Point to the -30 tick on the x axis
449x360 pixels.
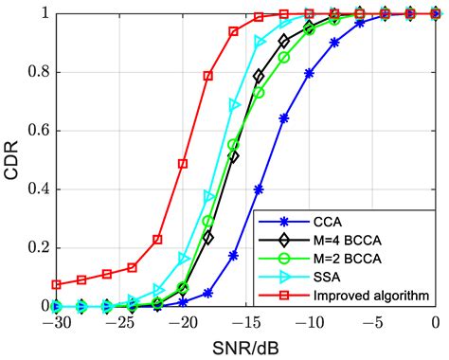(55, 322)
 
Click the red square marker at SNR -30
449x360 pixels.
(57, 284)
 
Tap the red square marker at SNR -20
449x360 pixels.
(184, 164)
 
